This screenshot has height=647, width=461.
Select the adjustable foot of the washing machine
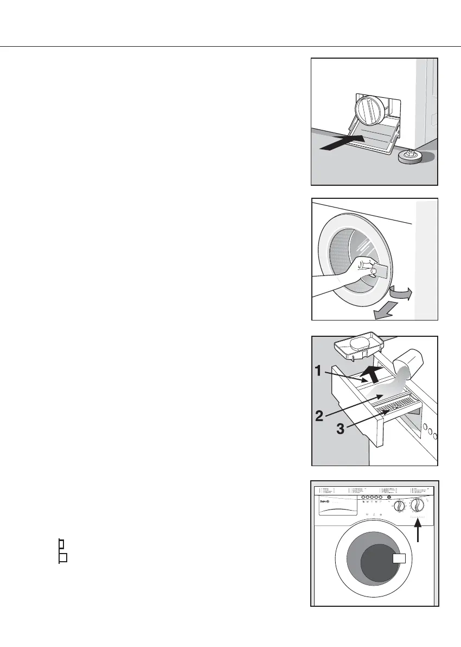click(x=411, y=157)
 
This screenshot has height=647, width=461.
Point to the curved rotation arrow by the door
click(x=401, y=294)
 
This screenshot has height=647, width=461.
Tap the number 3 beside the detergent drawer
click(x=340, y=429)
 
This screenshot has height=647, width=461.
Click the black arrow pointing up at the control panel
click(x=418, y=530)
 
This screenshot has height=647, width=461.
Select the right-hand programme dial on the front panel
click(x=417, y=505)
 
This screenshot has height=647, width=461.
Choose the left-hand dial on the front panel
click(x=399, y=506)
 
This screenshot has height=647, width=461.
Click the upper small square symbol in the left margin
click(x=61, y=543)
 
